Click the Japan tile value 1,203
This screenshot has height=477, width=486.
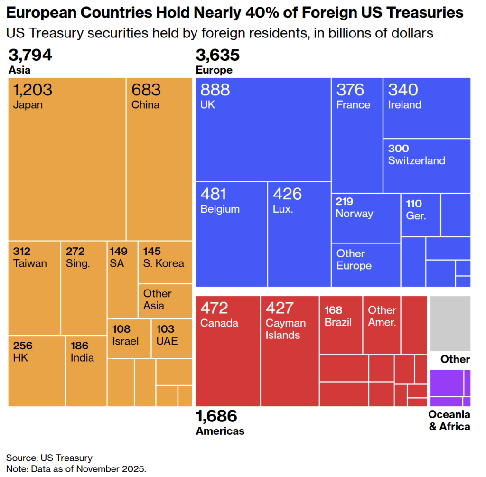33,90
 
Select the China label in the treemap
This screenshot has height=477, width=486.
145,105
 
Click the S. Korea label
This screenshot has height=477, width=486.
163,263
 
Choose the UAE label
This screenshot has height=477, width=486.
167,341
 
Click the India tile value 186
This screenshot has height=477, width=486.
80,346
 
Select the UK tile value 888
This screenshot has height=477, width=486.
215,90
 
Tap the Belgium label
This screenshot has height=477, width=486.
220,209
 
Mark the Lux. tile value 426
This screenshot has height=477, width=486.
287,194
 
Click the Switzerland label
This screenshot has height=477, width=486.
416,160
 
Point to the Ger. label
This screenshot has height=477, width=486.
416,215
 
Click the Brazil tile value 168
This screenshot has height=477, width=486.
334,310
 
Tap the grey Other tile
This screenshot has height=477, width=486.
450,323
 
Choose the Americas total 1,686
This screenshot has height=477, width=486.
216,416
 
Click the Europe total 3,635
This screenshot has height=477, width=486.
217,56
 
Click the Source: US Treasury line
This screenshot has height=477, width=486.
49,458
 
